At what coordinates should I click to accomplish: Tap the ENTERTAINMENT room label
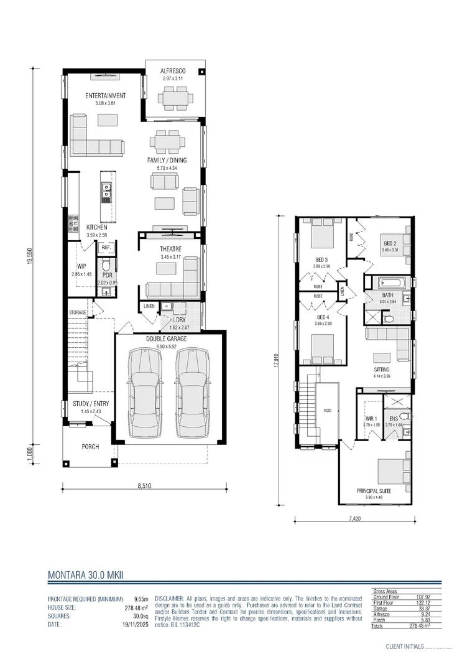click(106, 96)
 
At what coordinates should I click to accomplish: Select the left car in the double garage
click(144, 393)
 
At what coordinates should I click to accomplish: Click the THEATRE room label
click(170, 249)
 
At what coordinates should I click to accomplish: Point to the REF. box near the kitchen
click(106, 248)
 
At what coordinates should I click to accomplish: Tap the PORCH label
click(91, 447)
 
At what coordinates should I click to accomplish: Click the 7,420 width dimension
click(354, 518)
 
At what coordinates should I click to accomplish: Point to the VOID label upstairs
click(328, 411)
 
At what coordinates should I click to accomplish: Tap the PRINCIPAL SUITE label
click(375, 490)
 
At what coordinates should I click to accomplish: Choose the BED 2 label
click(389, 243)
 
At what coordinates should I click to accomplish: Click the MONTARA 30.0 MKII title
click(85, 576)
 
